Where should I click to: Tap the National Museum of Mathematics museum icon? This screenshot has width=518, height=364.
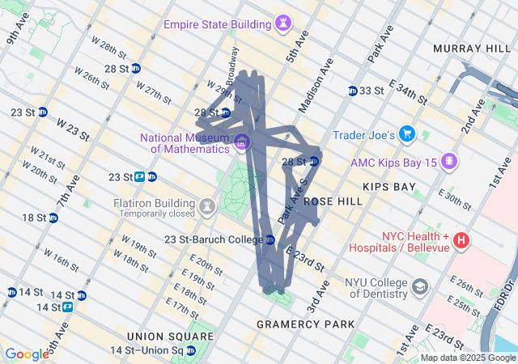point(241,143)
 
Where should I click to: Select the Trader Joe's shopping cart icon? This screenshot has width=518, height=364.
point(407,133)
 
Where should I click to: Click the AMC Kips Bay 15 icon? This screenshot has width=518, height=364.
point(448,162)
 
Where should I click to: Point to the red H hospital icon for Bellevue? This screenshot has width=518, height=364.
point(461,240)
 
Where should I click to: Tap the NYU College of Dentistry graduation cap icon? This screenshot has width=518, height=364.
point(420,286)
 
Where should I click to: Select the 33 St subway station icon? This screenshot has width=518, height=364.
point(353,91)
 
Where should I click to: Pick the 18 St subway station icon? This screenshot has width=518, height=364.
point(53,218)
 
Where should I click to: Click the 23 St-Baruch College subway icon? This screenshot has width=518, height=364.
point(270,239)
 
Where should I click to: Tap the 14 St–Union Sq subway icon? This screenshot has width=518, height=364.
point(193,350)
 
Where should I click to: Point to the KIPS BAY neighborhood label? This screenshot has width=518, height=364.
point(389,187)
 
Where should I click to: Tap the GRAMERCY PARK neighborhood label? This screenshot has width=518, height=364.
point(305,324)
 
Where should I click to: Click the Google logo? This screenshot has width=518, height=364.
point(28,354)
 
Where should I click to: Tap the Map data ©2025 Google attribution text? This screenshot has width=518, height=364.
point(468,358)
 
